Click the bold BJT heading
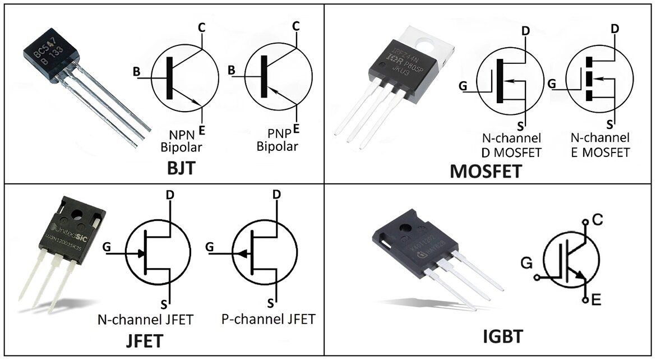[x=181, y=168]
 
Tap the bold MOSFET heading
[x=486, y=170]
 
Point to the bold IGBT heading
[x=503, y=336]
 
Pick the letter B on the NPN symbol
[x=136, y=71]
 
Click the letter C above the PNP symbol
[x=296, y=25]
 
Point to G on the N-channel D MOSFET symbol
[x=463, y=86]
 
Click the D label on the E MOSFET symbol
[x=615, y=28]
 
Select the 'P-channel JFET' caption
[x=268, y=320]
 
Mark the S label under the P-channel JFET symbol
[x=270, y=303]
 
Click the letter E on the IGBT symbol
[x=596, y=301]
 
